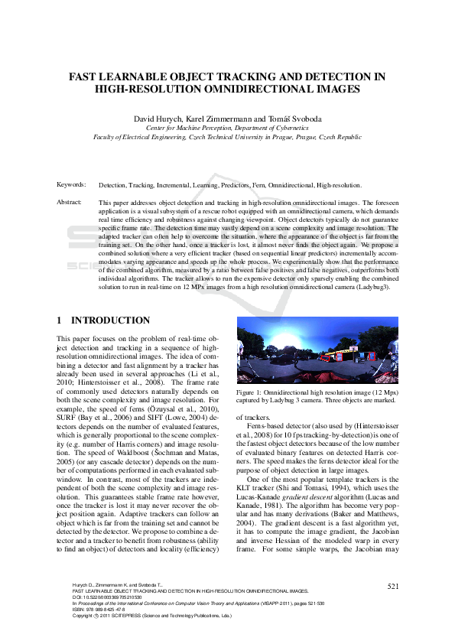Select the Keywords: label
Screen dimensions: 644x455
click(x=71, y=185)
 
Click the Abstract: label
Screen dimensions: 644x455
click(x=70, y=202)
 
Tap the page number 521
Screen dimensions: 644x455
click(x=392, y=586)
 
